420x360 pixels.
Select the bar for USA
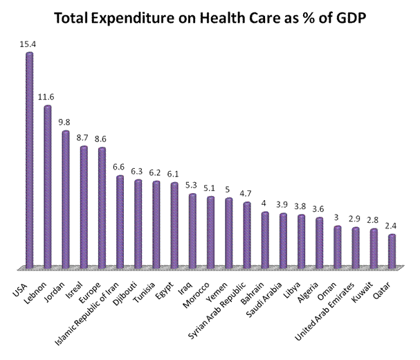click(x=30, y=159)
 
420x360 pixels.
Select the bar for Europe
click(x=102, y=207)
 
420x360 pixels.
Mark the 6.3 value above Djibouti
click(x=138, y=171)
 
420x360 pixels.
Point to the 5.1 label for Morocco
click(x=210, y=188)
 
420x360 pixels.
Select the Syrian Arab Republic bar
click(x=246, y=234)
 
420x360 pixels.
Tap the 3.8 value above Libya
click(x=300, y=206)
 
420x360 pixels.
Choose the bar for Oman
click(x=337, y=246)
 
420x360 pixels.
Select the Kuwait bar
click(x=373, y=248)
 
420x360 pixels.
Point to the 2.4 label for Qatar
click(x=392, y=225)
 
